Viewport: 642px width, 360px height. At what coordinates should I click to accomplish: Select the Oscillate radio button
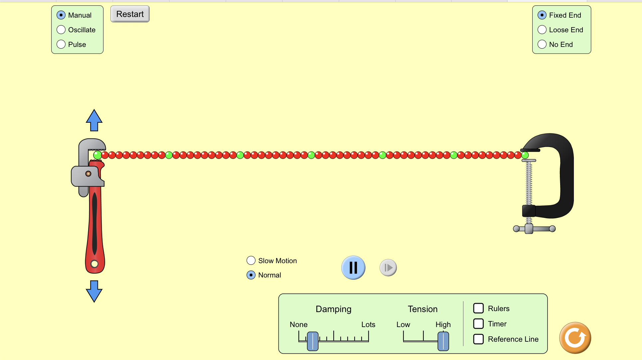(61, 30)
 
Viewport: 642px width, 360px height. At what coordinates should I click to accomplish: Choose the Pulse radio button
(61, 45)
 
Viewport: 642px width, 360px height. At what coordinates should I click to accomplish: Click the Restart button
(130, 14)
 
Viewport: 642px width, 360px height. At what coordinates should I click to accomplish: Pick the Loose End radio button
(542, 30)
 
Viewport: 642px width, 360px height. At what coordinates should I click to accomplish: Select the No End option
(542, 45)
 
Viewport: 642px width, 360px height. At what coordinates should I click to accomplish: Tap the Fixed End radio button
(542, 15)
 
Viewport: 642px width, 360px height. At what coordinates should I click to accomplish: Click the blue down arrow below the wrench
(94, 291)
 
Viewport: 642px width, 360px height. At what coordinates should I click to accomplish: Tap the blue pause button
(353, 268)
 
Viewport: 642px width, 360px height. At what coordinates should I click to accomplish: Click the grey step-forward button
(388, 268)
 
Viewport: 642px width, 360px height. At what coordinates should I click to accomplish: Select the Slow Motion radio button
(251, 261)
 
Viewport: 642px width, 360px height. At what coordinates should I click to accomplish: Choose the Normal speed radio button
(251, 275)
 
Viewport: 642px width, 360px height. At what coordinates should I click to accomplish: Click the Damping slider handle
(313, 341)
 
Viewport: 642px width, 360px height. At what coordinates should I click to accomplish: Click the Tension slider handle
(443, 341)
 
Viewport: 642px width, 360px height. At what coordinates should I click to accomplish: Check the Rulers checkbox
(478, 308)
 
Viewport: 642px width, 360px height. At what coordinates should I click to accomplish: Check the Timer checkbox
(478, 324)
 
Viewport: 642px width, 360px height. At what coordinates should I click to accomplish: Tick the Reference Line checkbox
(478, 339)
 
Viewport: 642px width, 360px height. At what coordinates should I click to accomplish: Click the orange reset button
(575, 338)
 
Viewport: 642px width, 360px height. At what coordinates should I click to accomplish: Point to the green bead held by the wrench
(97, 155)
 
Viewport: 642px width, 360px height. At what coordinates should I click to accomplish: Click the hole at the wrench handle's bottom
(94, 264)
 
